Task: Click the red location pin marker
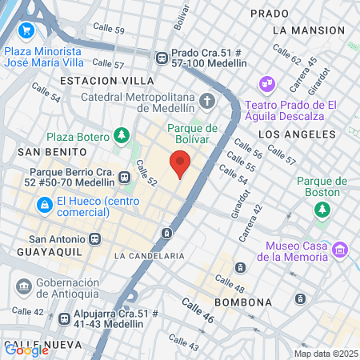pyautogui.click(x=181, y=164)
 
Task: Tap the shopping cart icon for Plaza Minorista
pyautogui.click(x=26, y=30)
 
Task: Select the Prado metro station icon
pyautogui.click(x=161, y=57)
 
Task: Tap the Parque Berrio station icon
pyautogui.click(x=124, y=178)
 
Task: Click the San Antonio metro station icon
pyautogui.click(x=95, y=238)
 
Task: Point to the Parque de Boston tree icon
pyautogui.click(x=321, y=209)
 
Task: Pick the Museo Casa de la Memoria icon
pyautogui.click(x=341, y=250)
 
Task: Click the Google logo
pyautogui.click(x=26, y=349)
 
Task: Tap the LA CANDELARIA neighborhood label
pyautogui.click(x=149, y=255)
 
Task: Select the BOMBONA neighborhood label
pyautogui.click(x=243, y=302)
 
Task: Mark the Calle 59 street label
pyautogui.click(x=109, y=30)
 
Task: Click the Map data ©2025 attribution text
pyautogui.click(x=324, y=354)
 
